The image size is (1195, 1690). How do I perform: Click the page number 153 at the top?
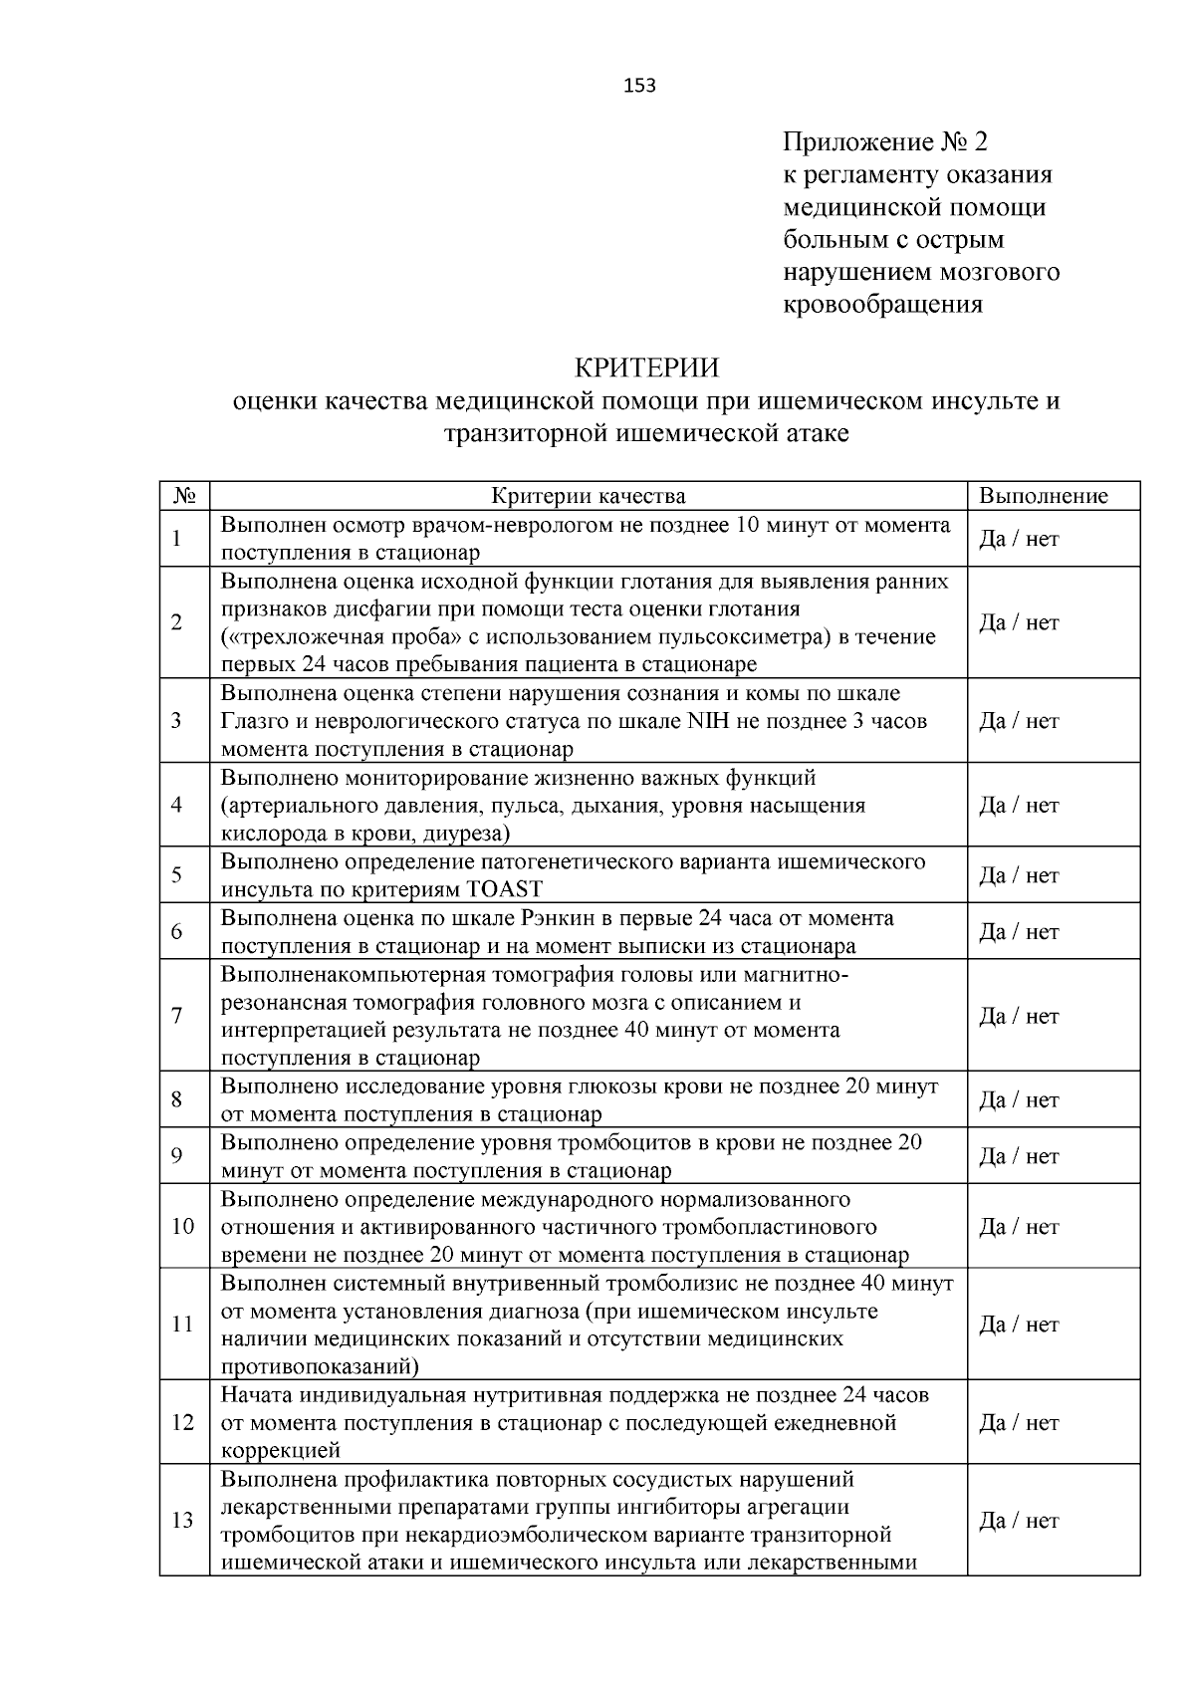pyautogui.click(x=639, y=86)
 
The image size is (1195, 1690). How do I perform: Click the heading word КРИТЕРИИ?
pyautogui.click(x=646, y=368)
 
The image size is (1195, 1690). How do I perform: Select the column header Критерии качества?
pyautogui.click(x=589, y=496)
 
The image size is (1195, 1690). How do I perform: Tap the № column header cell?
pyautogui.click(x=183, y=496)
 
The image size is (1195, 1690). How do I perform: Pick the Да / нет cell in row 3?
pyautogui.click(x=1019, y=721)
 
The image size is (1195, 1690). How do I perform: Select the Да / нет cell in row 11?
pyautogui.click(x=1019, y=1325)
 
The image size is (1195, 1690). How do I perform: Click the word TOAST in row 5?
pyautogui.click(x=504, y=889)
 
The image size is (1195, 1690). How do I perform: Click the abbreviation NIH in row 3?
pyautogui.click(x=708, y=721)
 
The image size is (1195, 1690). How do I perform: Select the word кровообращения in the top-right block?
pyautogui.click(x=882, y=305)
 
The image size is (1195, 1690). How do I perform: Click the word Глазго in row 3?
pyautogui.click(x=253, y=721)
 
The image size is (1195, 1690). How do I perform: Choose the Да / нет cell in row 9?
pyautogui.click(x=1019, y=1156)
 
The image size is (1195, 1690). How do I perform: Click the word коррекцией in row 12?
pyautogui.click(x=281, y=1450)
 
